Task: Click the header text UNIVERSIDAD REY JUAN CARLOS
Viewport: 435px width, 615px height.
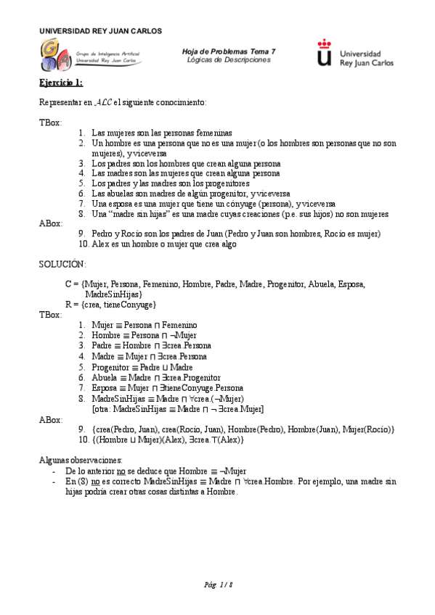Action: coord(100,31)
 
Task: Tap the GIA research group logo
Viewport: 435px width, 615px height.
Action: coord(57,55)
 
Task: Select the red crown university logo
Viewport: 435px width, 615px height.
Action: coord(325,54)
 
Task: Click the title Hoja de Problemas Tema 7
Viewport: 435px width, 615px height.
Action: coord(229,51)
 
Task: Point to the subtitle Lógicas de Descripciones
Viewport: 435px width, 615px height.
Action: coord(229,59)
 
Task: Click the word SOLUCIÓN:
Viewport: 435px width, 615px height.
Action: coord(62,264)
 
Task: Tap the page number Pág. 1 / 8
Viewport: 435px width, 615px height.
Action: coord(218,584)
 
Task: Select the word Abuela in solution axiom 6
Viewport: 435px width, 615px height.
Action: coord(105,378)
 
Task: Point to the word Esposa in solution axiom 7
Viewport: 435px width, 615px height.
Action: coord(105,388)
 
